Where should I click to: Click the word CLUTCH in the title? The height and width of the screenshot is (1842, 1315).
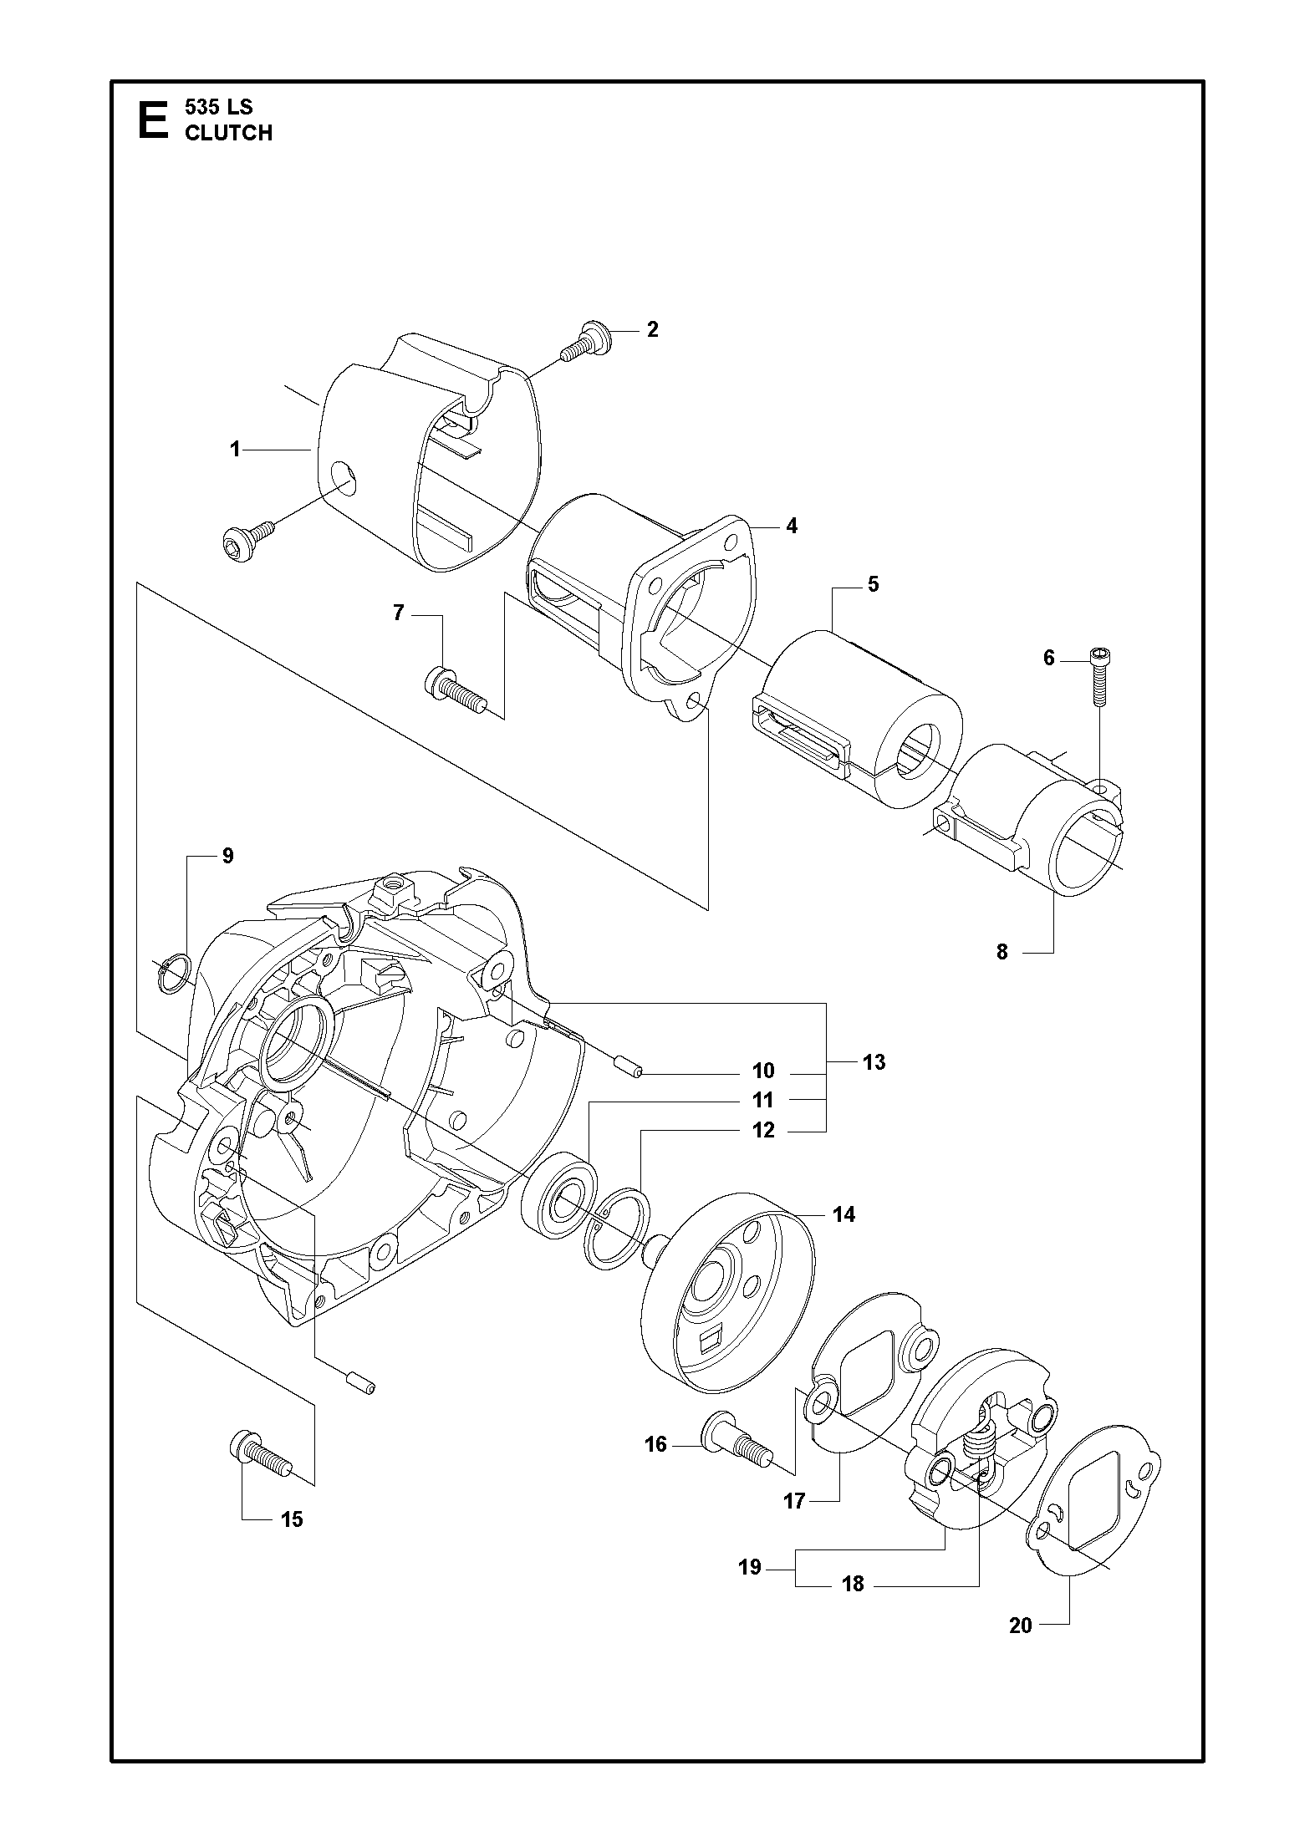point(228,133)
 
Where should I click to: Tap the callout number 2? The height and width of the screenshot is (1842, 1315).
point(652,329)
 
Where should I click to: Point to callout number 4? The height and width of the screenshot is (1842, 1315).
point(791,526)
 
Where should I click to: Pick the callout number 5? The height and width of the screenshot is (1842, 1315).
point(873,584)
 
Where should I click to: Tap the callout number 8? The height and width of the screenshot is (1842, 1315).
point(1002,951)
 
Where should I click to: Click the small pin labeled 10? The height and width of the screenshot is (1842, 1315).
point(628,1067)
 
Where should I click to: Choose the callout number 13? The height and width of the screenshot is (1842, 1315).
point(874,1062)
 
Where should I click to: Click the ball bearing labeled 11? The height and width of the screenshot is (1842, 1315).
point(558,1198)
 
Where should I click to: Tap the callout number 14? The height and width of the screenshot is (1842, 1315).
point(844,1214)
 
